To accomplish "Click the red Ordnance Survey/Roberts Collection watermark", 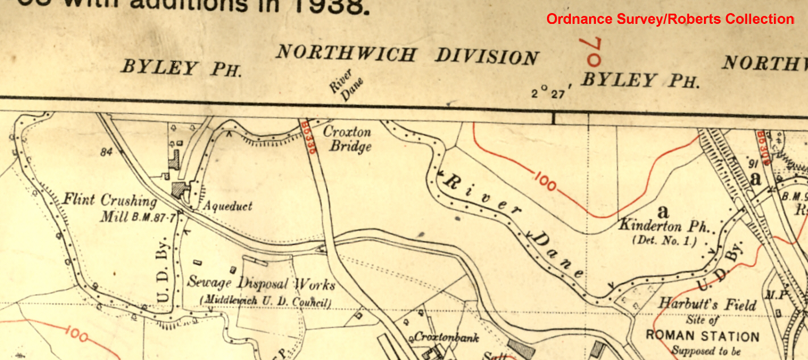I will [x=670, y=19].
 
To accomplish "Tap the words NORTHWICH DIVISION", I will [x=407, y=55].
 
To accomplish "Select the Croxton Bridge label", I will [x=347, y=139].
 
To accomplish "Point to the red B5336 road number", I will [x=309, y=136].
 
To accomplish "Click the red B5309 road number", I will [x=762, y=148].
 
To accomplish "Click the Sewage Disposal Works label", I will [x=261, y=284].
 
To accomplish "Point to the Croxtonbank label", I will [x=446, y=337].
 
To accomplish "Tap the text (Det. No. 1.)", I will [x=664, y=241].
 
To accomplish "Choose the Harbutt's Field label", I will [x=707, y=304].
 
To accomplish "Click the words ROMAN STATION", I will [x=702, y=336].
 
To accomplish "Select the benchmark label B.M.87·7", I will [x=154, y=217].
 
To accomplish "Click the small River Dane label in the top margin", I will [x=346, y=85].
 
